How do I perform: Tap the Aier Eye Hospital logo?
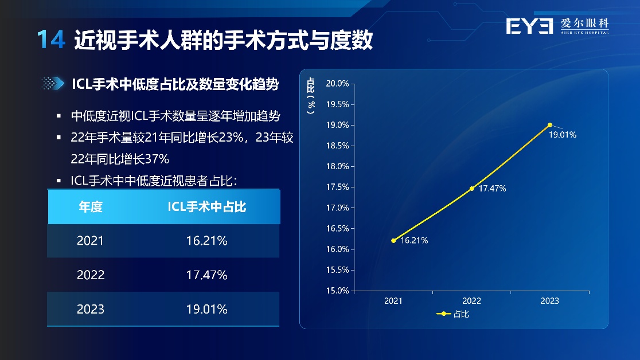[x=557, y=26]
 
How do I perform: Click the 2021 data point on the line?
[x=393, y=241]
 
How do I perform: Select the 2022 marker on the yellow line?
[x=472, y=189]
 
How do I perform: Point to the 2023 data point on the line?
[x=550, y=125]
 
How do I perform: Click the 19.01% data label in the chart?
[x=563, y=135]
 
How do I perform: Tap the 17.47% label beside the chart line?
[x=492, y=189]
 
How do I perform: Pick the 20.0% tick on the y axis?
[x=338, y=83]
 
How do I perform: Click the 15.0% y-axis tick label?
[x=338, y=291]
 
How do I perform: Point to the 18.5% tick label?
[x=338, y=146]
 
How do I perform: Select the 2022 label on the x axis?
[x=471, y=301]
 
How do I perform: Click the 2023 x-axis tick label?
[x=550, y=301]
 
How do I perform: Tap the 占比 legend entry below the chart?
[x=452, y=314]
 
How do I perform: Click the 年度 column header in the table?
[x=91, y=206]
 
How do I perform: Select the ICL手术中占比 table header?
[x=207, y=206]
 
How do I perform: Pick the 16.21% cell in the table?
[x=206, y=241]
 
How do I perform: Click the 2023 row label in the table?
[x=91, y=309]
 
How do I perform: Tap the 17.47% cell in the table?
[x=206, y=275]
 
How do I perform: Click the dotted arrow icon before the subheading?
[x=53, y=83]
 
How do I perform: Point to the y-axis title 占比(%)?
[x=311, y=96]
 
